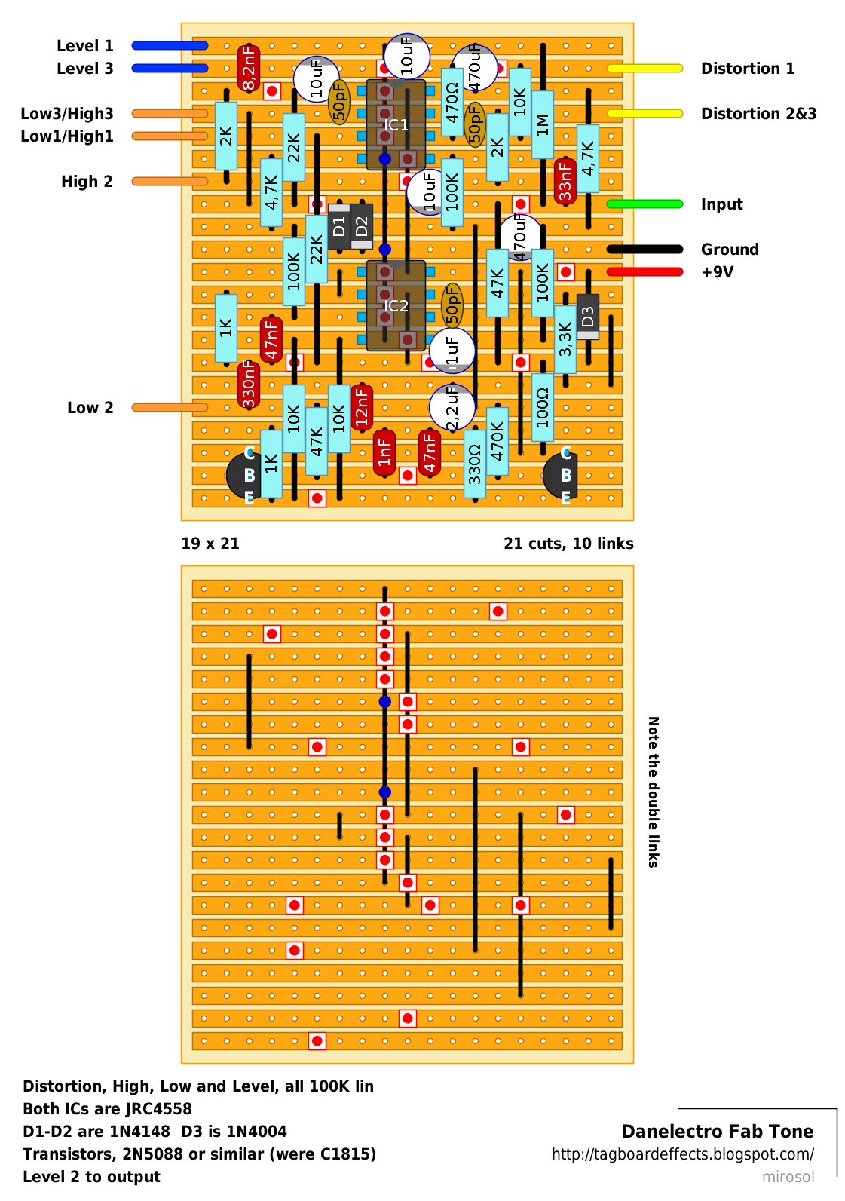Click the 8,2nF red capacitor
(248, 68)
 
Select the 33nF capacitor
(565, 181)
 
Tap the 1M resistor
(543, 125)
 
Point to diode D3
(588, 317)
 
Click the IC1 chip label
(396, 125)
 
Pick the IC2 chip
(396, 305)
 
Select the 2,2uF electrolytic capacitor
(452, 407)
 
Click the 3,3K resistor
(565, 339)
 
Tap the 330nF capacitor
(248, 385)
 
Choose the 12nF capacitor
(361, 407)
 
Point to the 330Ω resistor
(474, 464)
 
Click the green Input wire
(644, 204)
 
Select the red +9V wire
(644, 272)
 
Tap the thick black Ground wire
(644, 249)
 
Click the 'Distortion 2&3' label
(758, 114)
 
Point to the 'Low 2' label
(90, 407)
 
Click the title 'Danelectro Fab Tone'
(718, 1132)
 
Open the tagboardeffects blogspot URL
(682, 1154)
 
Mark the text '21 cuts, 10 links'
(568, 543)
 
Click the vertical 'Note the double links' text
(653, 792)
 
